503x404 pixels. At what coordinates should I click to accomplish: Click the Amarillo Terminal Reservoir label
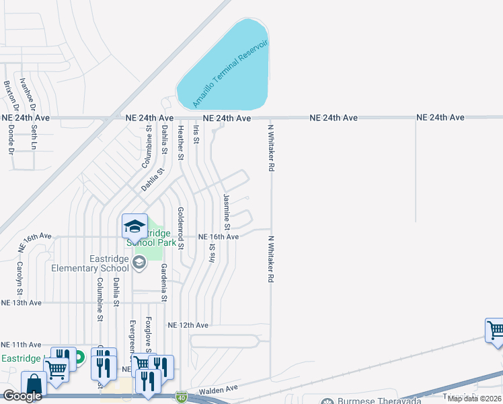(230, 74)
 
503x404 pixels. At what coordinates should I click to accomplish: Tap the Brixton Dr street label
(9, 96)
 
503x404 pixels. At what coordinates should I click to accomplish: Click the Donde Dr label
(11, 141)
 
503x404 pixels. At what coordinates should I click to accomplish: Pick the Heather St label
(180, 143)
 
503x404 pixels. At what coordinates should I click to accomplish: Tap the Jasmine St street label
(227, 210)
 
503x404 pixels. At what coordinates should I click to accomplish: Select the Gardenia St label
(163, 282)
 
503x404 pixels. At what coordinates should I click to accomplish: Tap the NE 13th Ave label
(22, 303)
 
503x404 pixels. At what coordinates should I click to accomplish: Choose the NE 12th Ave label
(188, 325)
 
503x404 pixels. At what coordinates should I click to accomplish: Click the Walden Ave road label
(219, 389)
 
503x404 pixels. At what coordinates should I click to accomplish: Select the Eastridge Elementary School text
(90, 263)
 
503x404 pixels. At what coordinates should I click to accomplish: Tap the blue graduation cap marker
(134, 226)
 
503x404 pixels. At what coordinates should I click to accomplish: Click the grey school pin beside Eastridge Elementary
(139, 262)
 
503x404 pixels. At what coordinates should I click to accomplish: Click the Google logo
(22, 396)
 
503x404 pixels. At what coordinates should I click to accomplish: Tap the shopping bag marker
(34, 384)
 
